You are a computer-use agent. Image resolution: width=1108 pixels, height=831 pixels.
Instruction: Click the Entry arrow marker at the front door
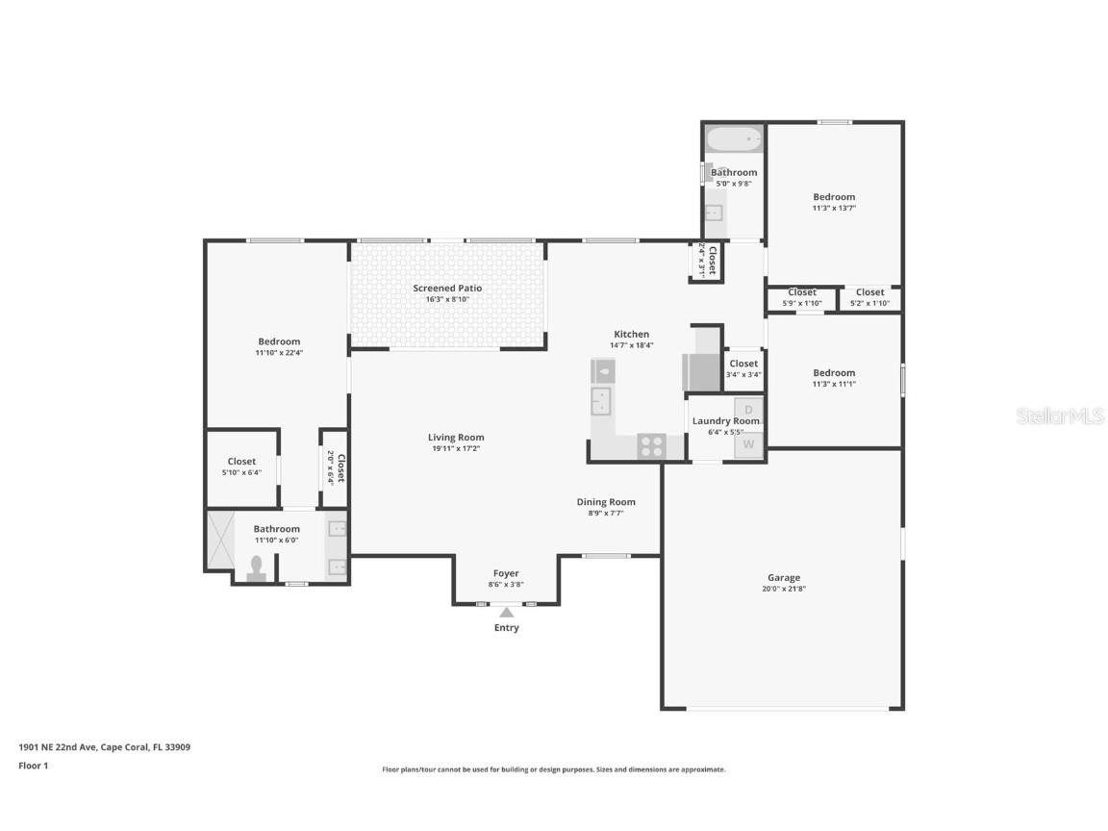point(506,612)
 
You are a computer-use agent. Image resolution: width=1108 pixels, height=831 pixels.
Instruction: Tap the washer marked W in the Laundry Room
point(748,446)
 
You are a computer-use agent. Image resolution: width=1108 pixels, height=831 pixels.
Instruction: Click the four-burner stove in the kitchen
point(651,446)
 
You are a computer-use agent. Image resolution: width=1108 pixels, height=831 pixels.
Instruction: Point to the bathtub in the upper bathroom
point(734,140)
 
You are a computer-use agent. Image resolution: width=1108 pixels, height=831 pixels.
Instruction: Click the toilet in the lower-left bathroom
point(256,567)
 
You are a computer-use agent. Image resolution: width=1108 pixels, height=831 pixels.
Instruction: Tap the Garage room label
point(784,578)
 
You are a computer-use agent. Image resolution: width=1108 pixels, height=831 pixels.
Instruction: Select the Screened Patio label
point(447,289)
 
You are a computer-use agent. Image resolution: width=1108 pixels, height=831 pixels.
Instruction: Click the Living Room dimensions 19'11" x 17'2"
point(456,448)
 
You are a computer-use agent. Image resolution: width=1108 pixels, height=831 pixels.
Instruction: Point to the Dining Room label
point(606,502)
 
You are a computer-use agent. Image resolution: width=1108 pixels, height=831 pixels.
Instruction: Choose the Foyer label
point(506,574)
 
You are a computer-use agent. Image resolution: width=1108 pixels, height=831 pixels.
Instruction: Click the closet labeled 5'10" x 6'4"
point(241,466)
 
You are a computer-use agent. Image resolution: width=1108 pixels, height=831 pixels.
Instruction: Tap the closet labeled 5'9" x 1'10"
point(802,297)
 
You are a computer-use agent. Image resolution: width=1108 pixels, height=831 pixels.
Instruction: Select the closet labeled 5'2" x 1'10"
point(869,297)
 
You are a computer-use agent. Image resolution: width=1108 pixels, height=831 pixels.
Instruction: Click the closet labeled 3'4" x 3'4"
point(743,368)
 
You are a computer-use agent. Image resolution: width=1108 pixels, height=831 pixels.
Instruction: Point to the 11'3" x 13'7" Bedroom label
point(834,197)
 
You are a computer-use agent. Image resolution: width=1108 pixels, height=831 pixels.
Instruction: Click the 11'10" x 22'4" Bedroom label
point(279,341)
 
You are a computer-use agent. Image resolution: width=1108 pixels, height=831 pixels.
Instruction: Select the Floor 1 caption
point(33,766)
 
